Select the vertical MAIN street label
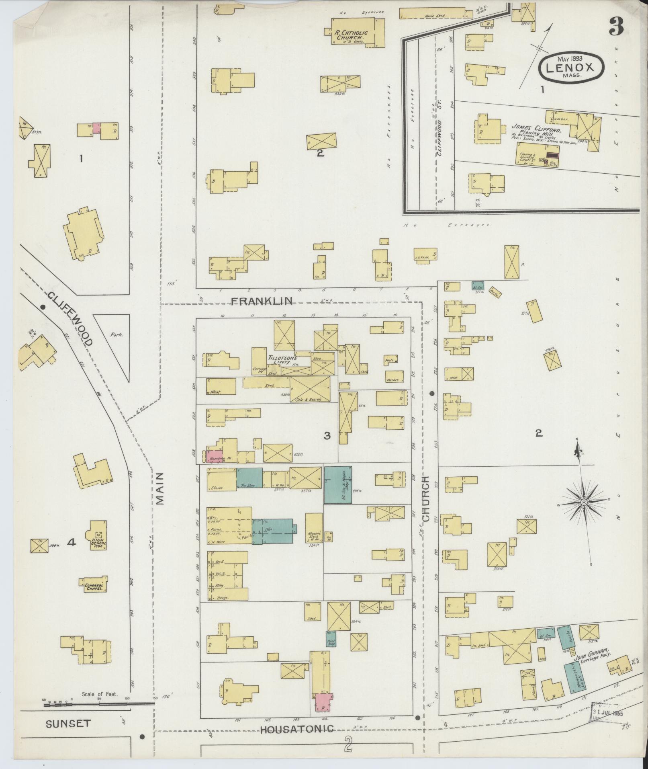(160, 488)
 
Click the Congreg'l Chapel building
(93, 586)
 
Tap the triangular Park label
(116, 334)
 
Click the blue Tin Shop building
(249, 478)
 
